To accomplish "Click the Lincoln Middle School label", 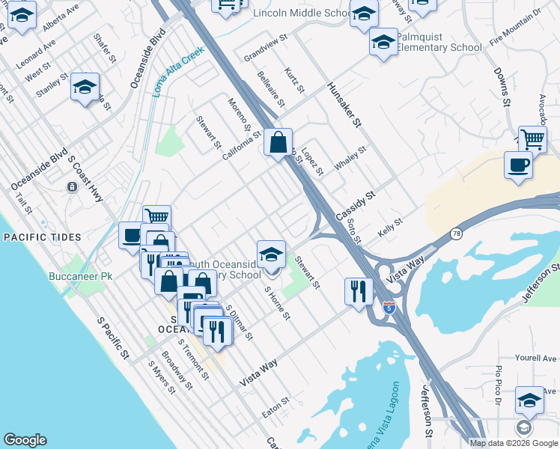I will (x=302, y=13).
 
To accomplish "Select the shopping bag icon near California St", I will (x=278, y=142).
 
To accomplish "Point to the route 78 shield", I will (x=456, y=234).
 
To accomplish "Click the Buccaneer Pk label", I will (x=80, y=276).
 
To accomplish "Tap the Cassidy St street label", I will (x=355, y=204).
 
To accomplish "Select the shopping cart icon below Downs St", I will (x=532, y=139).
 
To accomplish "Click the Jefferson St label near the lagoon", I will (x=425, y=410).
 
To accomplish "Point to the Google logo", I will (x=25, y=440).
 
